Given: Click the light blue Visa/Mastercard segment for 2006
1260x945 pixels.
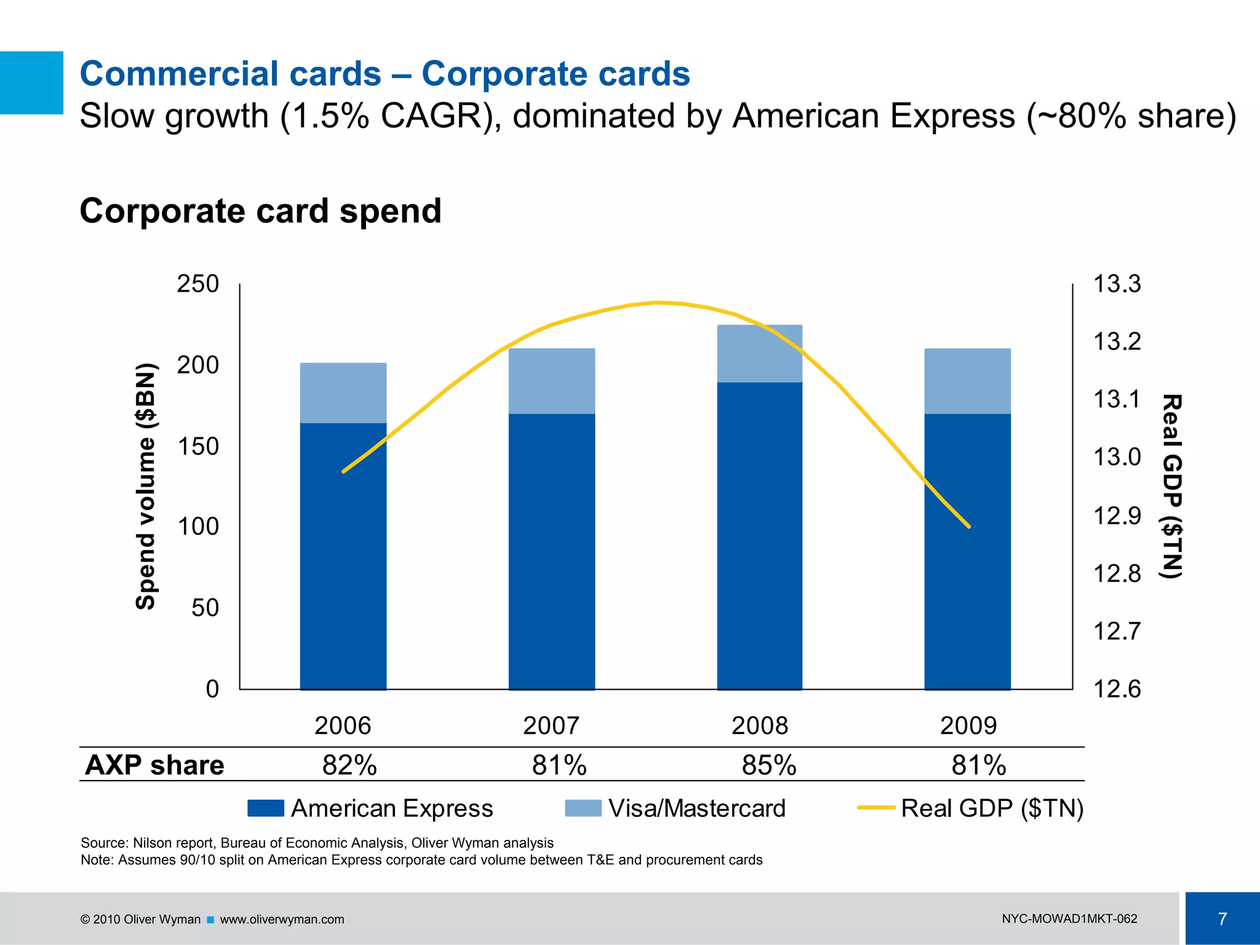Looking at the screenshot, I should click(x=343, y=393).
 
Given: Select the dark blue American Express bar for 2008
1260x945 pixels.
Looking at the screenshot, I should click(x=760, y=535).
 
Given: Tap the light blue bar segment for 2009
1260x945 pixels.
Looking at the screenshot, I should click(x=967, y=381).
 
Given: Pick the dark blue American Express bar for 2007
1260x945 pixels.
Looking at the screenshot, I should click(x=552, y=551).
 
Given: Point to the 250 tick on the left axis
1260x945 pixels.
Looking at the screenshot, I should click(x=198, y=284).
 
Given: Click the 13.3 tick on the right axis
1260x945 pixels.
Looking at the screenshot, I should click(x=1117, y=284).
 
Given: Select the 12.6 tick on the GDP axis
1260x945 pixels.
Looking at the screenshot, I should click(x=1117, y=689).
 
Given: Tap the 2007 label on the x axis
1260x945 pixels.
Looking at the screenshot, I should click(x=551, y=726).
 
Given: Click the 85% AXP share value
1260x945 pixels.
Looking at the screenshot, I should click(x=768, y=765).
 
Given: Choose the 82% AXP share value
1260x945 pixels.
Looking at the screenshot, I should click(x=349, y=765).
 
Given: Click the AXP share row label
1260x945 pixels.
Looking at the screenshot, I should click(x=154, y=765).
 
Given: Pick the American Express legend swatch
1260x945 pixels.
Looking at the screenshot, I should click(x=265, y=808).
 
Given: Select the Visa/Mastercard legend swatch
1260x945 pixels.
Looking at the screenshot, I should click(x=583, y=808).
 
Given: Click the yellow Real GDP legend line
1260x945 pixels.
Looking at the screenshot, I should click(x=876, y=808).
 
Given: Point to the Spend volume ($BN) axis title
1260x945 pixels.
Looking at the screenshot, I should click(x=146, y=486).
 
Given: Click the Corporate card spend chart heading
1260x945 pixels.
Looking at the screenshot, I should click(x=261, y=211).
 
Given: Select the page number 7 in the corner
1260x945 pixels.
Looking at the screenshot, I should click(x=1222, y=919).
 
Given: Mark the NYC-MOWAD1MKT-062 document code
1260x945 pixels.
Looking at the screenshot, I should click(x=1069, y=919).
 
